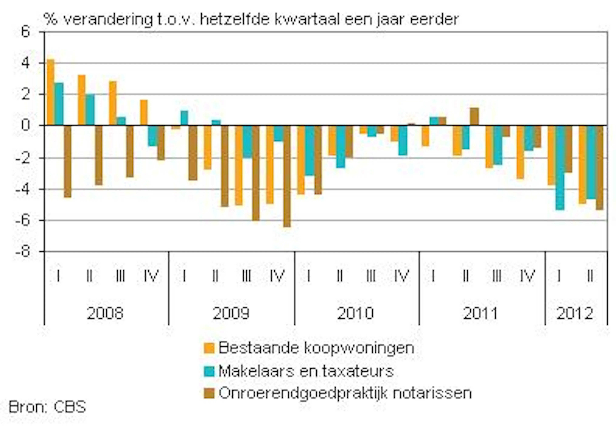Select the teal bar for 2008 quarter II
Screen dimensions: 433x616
click(90, 110)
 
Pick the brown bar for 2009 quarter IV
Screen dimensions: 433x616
click(287, 176)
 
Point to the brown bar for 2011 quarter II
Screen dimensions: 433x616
click(474, 116)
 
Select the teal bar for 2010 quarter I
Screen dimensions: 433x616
click(310, 150)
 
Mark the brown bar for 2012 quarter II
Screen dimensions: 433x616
click(600, 167)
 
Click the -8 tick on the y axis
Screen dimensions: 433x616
click(23, 252)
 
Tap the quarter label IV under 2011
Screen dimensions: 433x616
click(527, 276)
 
